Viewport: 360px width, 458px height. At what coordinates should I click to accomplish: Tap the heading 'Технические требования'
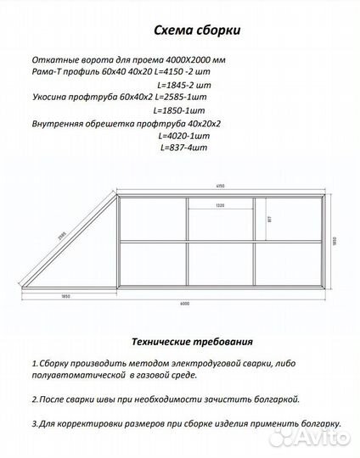pos(192,343)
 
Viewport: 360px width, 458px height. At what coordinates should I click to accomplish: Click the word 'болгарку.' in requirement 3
pos(310,422)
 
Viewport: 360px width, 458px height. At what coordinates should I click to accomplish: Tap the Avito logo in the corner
pos(323,439)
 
